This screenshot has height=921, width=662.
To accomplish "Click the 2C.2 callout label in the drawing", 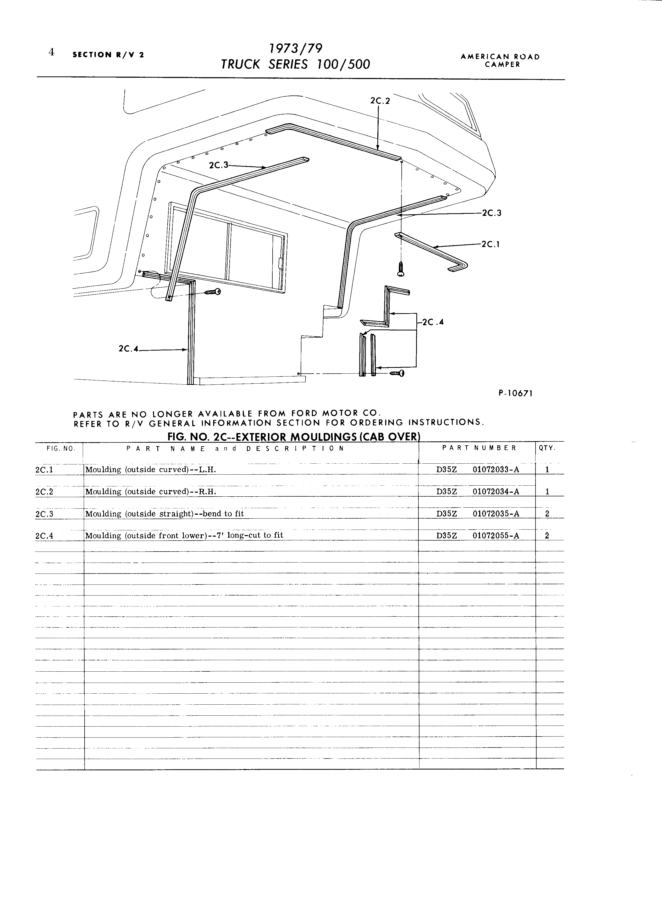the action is click(x=380, y=101).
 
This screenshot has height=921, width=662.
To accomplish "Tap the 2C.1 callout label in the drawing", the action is click(x=490, y=244).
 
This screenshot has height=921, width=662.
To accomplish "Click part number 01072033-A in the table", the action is click(x=496, y=469).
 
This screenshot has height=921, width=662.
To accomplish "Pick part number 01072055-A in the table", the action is click(x=496, y=535).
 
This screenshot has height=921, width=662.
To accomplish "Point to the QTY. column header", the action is click(x=547, y=448).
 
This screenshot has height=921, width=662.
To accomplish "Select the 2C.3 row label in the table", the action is click(x=45, y=514).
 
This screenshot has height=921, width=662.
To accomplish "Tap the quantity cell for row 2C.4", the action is click(x=547, y=535).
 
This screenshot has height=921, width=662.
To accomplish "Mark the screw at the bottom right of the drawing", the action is click(x=397, y=373).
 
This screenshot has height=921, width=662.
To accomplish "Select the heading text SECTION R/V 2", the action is click(x=108, y=54).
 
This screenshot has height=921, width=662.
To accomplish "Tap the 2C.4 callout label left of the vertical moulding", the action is click(x=128, y=349).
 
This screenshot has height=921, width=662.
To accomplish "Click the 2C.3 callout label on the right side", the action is click(x=492, y=213).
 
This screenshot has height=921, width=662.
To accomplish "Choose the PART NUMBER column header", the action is click(x=479, y=448).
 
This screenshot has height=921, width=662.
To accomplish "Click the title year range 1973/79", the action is click(x=296, y=49).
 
